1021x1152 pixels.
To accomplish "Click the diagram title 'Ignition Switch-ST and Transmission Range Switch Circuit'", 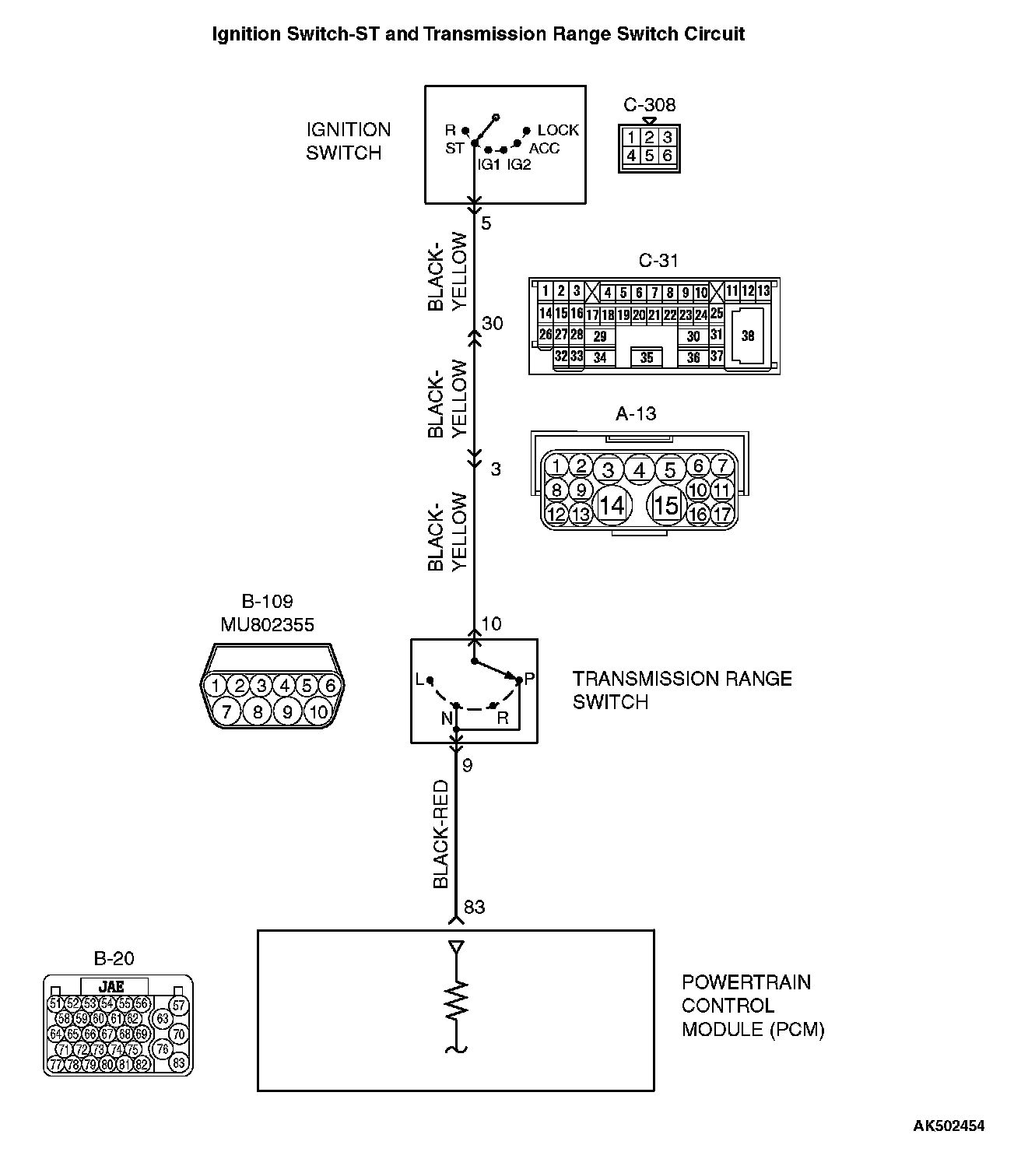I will point(478,34).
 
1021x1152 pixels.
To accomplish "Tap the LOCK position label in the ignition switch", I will point(558,130).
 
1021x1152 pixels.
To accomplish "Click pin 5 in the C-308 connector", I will point(649,156).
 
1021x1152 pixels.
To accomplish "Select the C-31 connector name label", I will point(658,261).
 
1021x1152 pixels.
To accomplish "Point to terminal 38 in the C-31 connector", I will point(748,336).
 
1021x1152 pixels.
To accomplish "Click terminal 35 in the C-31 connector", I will point(647,358).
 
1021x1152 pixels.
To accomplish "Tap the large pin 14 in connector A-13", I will point(612,506).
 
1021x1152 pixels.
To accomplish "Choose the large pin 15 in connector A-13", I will point(666,506).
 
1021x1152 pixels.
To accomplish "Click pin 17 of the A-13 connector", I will point(722,514).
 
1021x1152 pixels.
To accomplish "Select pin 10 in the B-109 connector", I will point(318,711).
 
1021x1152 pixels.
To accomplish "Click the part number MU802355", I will point(267,624).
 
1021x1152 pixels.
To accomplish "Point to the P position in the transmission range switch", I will point(529,679).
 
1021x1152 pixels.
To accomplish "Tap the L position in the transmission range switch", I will point(420,680).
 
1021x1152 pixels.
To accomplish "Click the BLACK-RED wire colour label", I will point(441,834).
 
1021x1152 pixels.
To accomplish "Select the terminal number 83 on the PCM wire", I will point(474,907).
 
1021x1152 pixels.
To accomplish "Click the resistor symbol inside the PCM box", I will point(456,1003).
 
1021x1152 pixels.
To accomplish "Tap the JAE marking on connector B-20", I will point(111,985).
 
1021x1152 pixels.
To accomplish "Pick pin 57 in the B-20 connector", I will point(179,1006).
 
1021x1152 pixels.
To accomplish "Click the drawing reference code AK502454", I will point(949,1126).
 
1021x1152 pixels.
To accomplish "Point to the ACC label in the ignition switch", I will point(544,148).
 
